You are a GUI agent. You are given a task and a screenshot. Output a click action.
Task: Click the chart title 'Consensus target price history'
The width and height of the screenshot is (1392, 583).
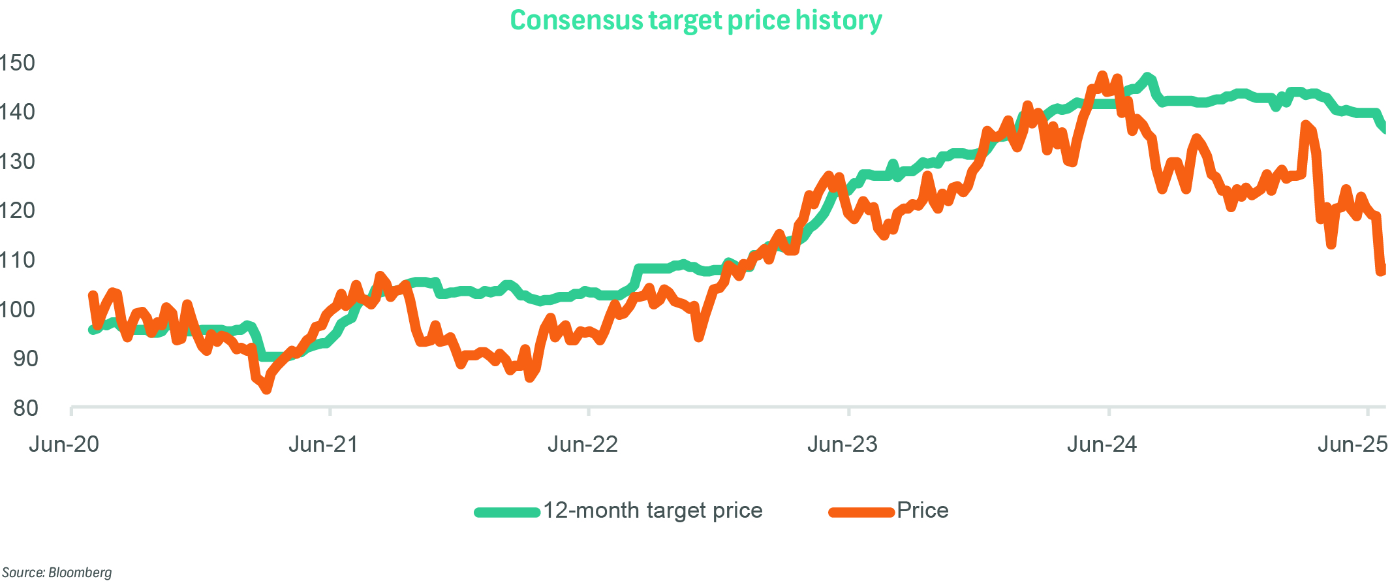click(696, 20)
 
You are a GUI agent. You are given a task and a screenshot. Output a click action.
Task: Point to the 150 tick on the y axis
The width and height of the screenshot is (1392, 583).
click(17, 63)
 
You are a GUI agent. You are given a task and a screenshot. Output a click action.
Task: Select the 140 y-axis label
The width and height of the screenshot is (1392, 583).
click(17, 112)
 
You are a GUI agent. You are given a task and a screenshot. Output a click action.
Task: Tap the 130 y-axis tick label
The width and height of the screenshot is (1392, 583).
click(17, 161)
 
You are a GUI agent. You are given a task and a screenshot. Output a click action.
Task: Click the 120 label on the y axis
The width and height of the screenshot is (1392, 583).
click(17, 210)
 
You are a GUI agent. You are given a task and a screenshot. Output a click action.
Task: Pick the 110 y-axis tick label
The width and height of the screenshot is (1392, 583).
click(17, 260)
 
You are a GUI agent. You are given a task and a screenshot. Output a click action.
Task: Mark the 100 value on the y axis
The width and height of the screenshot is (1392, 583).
click(17, 309)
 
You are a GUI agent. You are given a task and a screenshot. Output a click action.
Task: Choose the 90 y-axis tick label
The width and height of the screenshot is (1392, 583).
click(25, 358)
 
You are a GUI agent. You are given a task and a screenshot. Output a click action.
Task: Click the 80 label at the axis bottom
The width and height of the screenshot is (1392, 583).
click(25, 408)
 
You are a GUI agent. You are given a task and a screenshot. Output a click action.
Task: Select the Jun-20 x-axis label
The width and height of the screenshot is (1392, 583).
click(64, 445)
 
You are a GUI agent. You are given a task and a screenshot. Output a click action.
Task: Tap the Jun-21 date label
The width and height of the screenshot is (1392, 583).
click(324, 445)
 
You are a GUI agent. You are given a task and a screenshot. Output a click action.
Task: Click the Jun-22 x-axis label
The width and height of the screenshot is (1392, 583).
click(583, 445)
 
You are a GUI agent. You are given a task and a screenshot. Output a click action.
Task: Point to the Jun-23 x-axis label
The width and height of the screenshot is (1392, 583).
click(843, 445)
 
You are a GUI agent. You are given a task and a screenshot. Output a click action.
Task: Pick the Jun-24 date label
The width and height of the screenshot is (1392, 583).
click(1102, 445)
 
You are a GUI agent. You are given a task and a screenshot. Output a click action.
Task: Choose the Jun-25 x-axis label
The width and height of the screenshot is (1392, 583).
click(1352, 445)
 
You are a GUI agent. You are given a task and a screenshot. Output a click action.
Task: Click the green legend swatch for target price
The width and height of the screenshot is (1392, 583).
click(507, 512)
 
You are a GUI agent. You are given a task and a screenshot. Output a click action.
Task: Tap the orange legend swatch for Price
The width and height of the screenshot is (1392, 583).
click(861, 512)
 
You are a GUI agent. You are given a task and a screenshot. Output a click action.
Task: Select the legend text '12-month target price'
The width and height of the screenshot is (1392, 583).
click(653, 511)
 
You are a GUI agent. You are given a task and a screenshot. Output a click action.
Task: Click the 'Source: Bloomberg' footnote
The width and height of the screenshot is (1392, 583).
click(57, 573)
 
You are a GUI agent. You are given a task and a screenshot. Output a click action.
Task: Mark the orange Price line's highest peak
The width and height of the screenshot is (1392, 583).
click(1102, 76)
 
